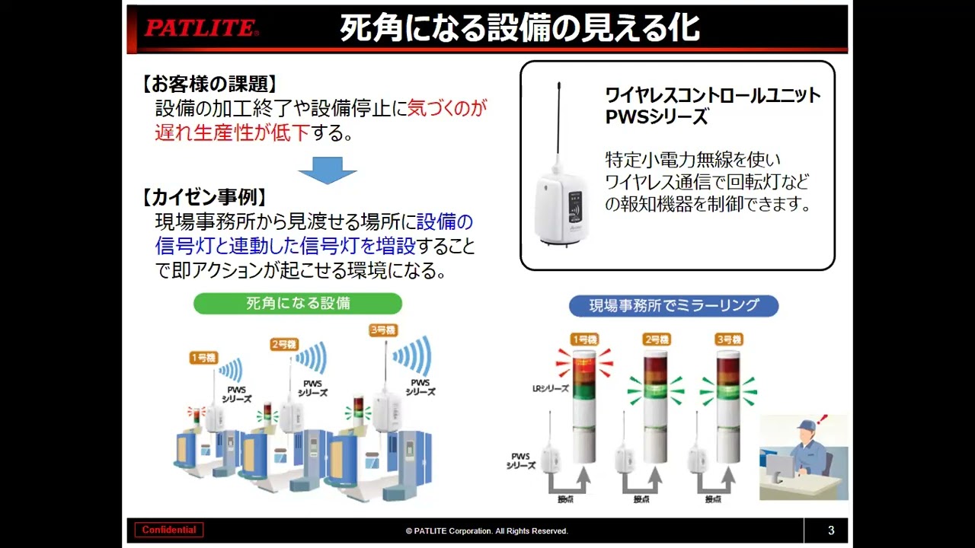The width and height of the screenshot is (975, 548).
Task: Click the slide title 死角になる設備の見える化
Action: pyautogui.click(x=519, y=29)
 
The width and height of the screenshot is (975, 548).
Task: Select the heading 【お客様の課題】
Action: pyautogui.click(x=209, y=84)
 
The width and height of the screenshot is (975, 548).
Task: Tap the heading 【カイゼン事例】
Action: pyautogui.click(x=204, y=197)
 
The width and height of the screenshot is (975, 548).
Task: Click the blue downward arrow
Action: pyautogui.click(x=327, y=170)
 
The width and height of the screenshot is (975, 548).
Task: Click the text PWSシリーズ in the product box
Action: pyautogui.click(x=657, y=117)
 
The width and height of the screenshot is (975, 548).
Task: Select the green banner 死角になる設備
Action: pyautogui.click(x=298, y=303)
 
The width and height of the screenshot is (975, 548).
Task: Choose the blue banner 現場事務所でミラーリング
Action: pyautogui.click(x=673, y=306)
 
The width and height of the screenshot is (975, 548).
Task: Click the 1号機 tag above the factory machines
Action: pyautogui.click(x=203, y=357)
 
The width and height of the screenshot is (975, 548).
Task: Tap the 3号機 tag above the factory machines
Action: pyautogui.click(x=382, y=330)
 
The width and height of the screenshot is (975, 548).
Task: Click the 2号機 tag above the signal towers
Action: pyautogui.click(x=656, y=339)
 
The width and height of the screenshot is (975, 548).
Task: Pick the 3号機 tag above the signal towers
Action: pyautogui.click(x=728, y=339)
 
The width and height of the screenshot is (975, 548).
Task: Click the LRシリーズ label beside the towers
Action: pyautogui.click(x=550, y=388)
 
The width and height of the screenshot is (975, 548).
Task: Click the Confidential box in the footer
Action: pyautogui.click(x=169, y=530)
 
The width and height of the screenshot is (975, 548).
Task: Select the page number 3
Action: pyautogui.click(x=831, y=530)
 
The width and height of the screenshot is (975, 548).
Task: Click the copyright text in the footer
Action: pyautogui.click(x=487, y=531)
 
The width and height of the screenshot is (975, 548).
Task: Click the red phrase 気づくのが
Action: pyautogui.click(x=447, y=108)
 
